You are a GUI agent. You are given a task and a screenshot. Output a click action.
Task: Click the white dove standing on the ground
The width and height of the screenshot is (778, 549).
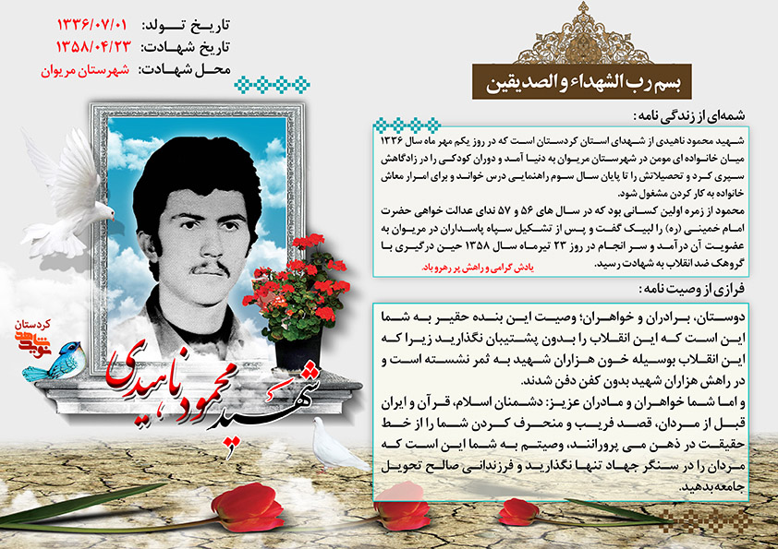click(x=336, y=448)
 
